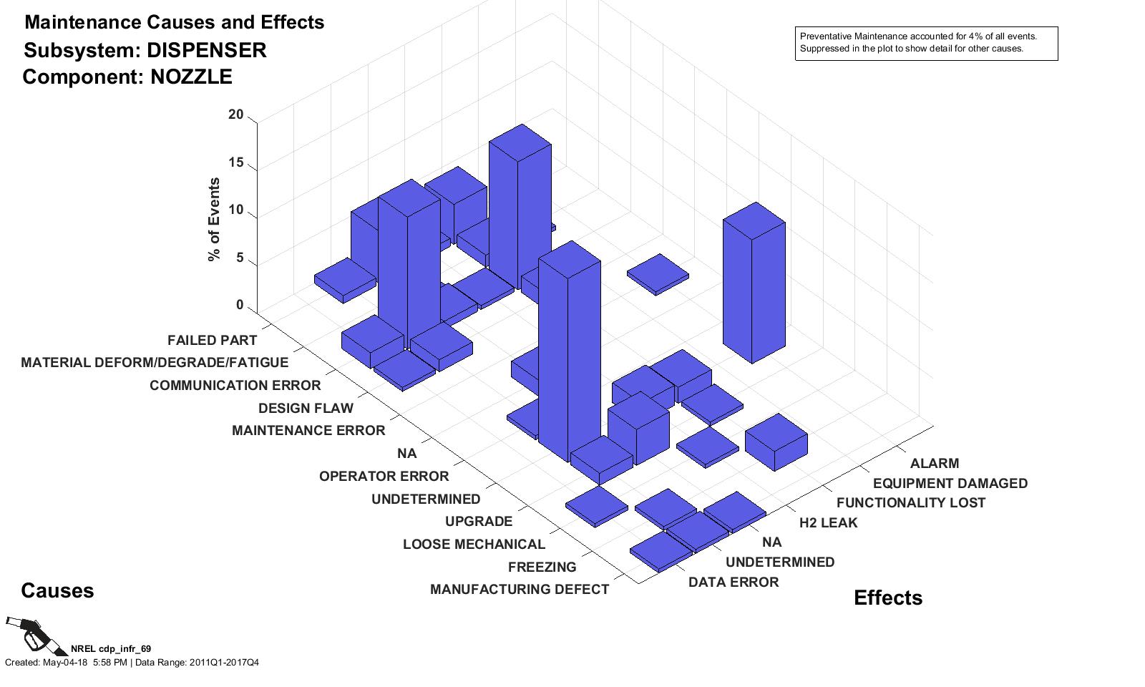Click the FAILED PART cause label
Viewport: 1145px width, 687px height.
coord(212,340)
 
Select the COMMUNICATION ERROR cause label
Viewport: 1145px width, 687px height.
coord(235,386)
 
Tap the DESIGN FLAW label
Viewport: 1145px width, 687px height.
coord(306,409)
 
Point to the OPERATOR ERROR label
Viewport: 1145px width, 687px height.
coord(384,477)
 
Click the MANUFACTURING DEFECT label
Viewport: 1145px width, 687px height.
coord(519,590)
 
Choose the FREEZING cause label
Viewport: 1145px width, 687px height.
coord(542,567)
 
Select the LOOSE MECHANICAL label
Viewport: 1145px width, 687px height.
coord(474,545)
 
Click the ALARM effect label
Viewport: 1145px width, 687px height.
coord(934,464)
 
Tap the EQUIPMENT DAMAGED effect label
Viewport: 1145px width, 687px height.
coord(950,484)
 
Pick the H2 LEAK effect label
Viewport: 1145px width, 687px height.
coord(828,523)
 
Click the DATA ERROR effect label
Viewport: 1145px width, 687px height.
coord(733,583)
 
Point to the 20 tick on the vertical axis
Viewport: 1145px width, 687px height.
coord(235,115)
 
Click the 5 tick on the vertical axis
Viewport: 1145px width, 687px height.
coord(240,259)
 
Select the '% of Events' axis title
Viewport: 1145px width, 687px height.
coord(214,220)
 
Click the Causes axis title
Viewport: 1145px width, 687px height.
coord(57,591)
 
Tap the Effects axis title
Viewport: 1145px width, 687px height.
coord(887,598)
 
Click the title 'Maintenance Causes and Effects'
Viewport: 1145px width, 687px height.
coord(174,23)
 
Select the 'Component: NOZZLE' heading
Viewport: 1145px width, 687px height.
coord(127,77)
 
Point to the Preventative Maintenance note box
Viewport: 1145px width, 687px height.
coord(926,44)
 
